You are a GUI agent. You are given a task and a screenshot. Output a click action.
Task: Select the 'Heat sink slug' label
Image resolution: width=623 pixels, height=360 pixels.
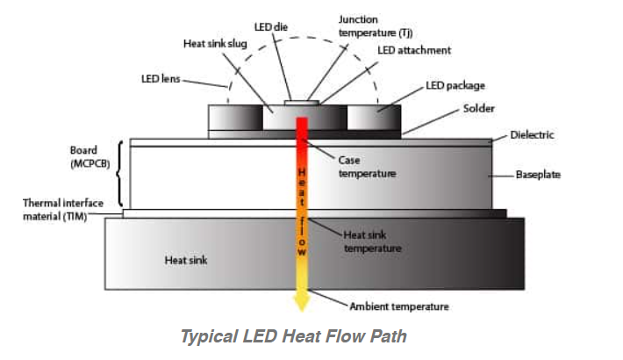point(215,44)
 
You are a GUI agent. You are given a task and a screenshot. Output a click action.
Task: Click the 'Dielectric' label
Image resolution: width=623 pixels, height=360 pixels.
point(532,136)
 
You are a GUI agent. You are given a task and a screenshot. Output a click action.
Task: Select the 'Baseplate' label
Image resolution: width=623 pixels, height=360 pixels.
point(540,176)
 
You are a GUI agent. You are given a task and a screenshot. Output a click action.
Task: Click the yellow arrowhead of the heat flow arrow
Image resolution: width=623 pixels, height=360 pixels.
point(301,302)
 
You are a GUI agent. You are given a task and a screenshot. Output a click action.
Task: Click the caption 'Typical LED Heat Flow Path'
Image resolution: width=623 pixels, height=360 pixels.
point(293,336)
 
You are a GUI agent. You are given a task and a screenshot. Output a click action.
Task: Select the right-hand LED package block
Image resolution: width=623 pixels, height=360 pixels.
point(375,117)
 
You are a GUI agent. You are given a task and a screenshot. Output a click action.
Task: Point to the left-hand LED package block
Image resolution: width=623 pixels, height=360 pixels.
point(234,117)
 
